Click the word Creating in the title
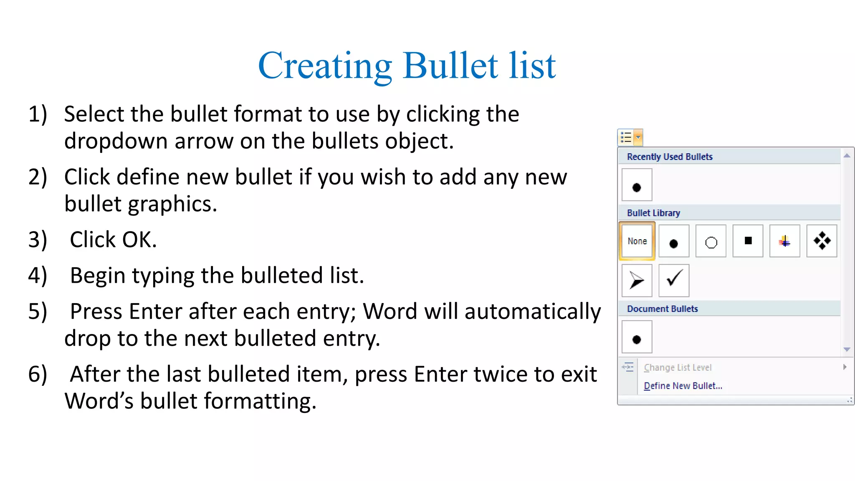[x=325, y=66]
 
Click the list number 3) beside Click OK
[x=38, y=240]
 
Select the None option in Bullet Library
[x=637, y=241]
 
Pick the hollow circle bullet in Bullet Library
[x=711, y=241]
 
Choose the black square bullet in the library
[x=748, y=241]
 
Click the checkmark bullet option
[x=674, y=280]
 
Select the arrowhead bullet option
[x=637, y=280]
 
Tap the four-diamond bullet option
[x=822, y=241]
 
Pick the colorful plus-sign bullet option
[x=784, y=241]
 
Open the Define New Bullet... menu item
[x=683, y=386]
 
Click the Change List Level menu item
[x=678, y=367]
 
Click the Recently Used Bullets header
[x=670, y=157]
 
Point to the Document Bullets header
[x=662, y=309]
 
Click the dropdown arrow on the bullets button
[x=638, y=137]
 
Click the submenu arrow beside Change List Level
[x=845, y=367]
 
